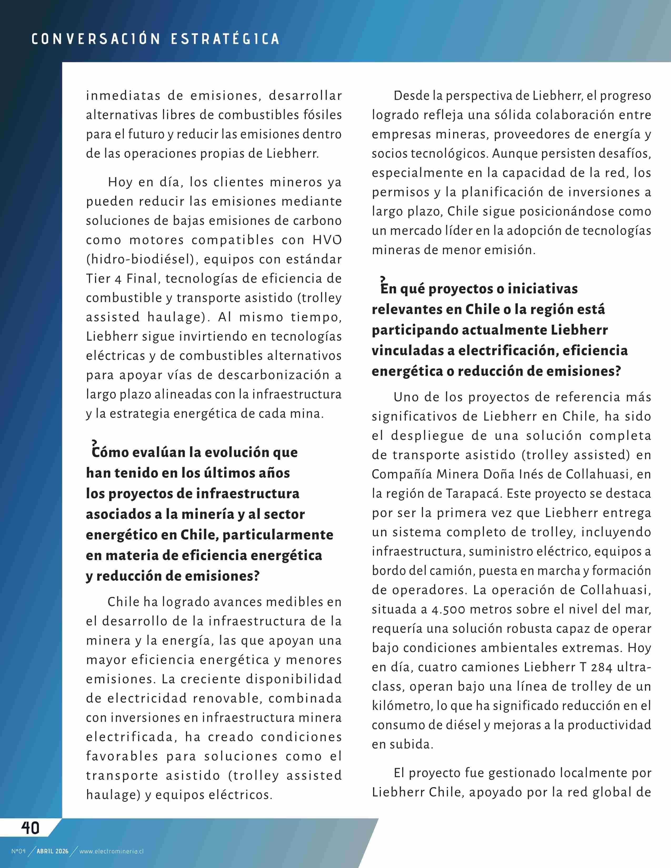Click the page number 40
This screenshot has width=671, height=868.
point(30,828)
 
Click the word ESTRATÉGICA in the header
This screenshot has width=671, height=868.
point(225,39)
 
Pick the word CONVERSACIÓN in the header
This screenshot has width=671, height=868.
point(96,39)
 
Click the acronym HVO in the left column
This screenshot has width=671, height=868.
point(327,240)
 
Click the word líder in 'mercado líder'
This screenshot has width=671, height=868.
point(458,230)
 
